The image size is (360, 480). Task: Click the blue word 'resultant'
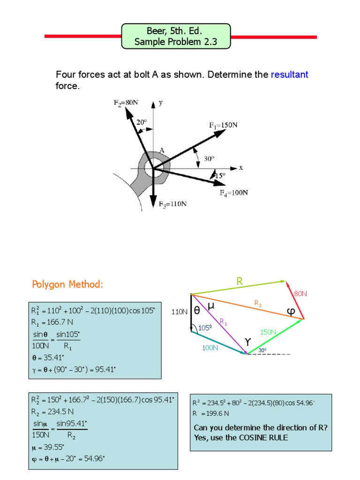click(x=289, y=75)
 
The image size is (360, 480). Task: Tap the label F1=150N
click(x=223, y=125)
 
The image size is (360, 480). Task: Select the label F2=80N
click(x=126, y=103)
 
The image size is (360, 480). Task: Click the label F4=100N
click(x=234, y=193)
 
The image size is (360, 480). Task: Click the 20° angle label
click(x=142, y=122)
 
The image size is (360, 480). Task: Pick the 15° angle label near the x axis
click(x=220, y=175)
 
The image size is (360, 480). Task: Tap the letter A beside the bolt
click(x=162, y=150)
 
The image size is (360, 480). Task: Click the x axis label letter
click(x=241, y=167)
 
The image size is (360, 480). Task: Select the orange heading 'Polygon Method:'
click(x=67, y=285)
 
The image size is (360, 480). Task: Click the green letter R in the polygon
click(x=240, y=281)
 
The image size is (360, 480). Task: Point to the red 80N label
click(x=300, y=294)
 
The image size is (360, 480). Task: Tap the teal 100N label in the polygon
click(x=210, y=348)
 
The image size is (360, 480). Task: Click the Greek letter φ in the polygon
click(x=291, y=312)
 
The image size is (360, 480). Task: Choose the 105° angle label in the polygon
click(x=205, y=328)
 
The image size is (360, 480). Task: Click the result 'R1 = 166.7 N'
click(x=52, y=323)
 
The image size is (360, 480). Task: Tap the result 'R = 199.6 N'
click(x=211, y=413)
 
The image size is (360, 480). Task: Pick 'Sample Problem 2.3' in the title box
click(x=176, y=42)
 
